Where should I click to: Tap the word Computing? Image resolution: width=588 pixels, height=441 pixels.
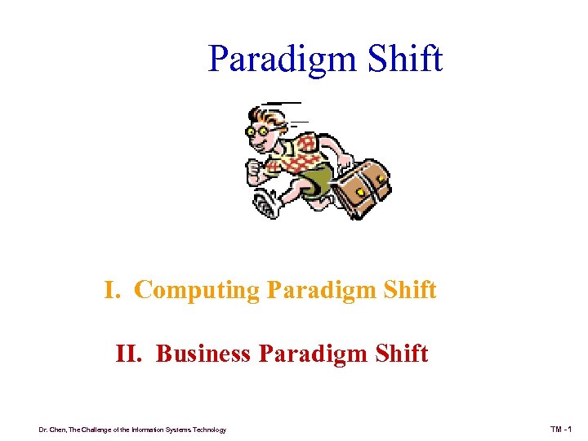[198, 291]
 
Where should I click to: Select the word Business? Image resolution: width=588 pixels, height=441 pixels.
[203, 354]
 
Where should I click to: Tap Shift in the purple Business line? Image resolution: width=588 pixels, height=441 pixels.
[399, 354]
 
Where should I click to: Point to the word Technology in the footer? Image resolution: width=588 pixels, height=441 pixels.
[206, 430]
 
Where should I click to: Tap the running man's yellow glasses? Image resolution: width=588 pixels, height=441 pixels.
[265, 131]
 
